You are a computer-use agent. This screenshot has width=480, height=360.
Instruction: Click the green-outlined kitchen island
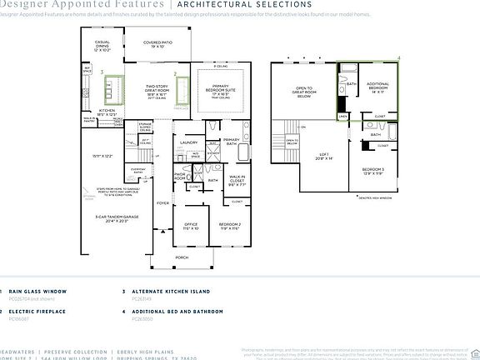(x=112, y=88)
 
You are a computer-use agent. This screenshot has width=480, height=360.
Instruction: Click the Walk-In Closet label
(x=237, y=177)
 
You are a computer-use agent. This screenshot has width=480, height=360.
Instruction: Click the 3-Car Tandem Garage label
(x=116, y=218)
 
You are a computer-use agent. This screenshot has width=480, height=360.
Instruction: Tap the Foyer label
(x=162, y=202)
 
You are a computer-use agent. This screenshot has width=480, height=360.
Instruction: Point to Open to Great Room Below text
(x=304, y=92)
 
